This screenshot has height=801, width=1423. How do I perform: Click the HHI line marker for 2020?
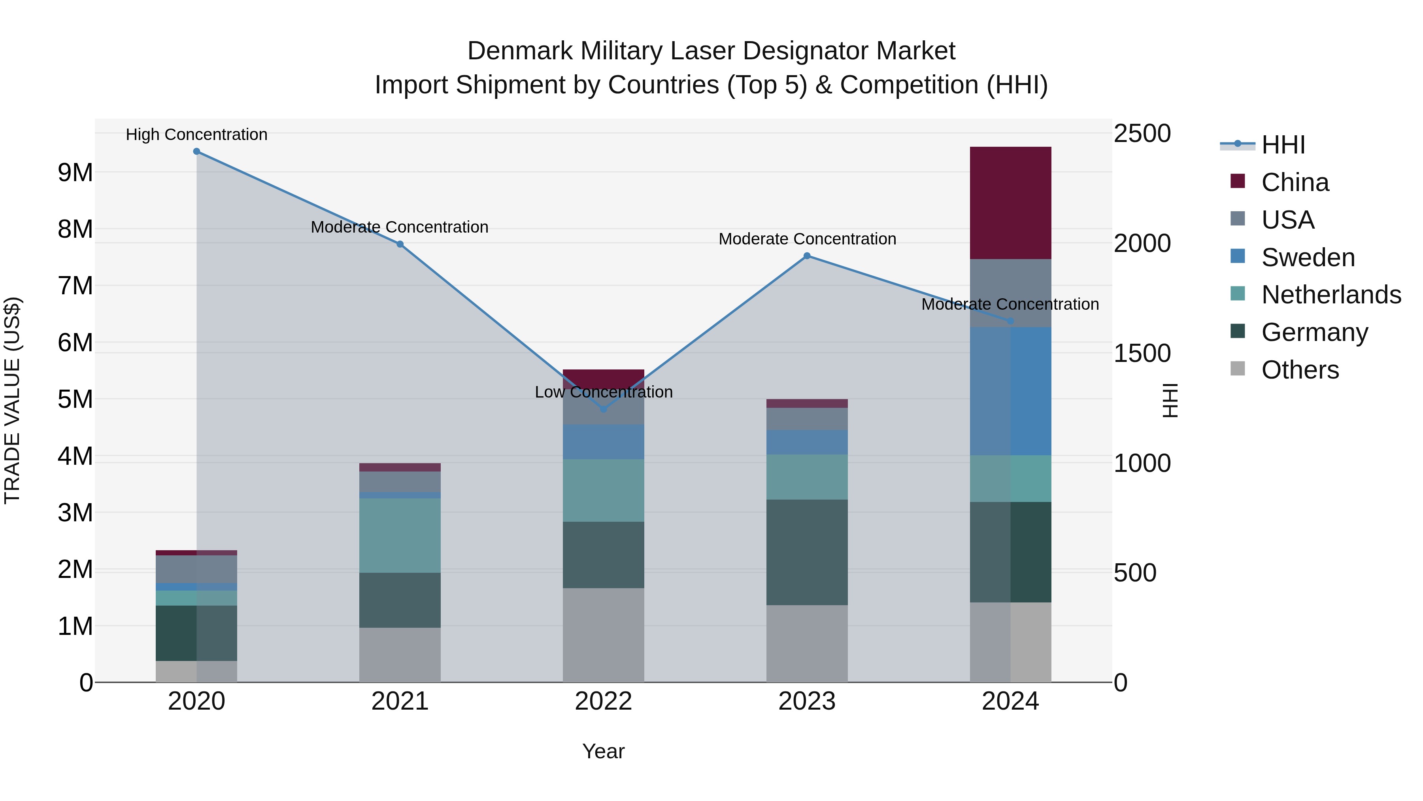pos(197,151)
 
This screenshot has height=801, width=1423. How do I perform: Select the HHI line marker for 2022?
pos(603,409)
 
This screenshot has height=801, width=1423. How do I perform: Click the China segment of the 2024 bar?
pos(1010,203)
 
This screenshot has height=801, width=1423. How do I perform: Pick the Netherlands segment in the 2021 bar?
pos(400,535)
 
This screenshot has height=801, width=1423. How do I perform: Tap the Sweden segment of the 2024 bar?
pos(1010,391)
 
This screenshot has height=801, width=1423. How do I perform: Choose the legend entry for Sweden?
pos(1308,258)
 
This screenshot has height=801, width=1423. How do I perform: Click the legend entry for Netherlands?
pos(1331,295)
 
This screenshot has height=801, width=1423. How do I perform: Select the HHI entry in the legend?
pos(1283,145)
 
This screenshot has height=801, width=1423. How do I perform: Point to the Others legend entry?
pos(1300,370)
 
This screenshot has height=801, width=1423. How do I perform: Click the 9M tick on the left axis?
pos(75,173)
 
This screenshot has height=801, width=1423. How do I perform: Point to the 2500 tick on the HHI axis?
pos(1141,134)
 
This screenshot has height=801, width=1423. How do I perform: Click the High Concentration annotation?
pos(197,134)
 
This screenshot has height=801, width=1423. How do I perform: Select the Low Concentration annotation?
pos(603,392)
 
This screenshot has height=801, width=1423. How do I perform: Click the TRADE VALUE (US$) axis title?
pos(12,400)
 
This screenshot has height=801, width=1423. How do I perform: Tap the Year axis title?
pos(603,752)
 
